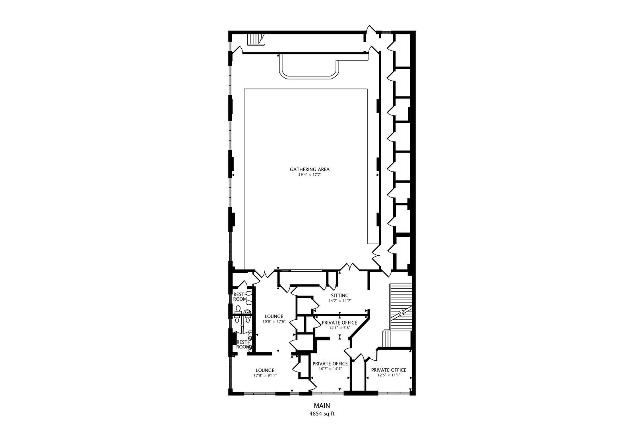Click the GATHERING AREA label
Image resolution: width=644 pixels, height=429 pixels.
coord(309,170)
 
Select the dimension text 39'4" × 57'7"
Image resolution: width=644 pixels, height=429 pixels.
coord(309,175)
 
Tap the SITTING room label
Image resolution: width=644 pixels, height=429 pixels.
coord(339,296)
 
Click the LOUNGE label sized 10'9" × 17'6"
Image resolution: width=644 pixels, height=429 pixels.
coord(274,317)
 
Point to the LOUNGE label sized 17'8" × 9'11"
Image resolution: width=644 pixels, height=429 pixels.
coord(265,370)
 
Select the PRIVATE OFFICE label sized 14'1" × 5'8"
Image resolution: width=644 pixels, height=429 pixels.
coord(339,323)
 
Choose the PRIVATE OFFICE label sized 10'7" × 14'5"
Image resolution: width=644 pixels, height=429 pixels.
coord(330,363)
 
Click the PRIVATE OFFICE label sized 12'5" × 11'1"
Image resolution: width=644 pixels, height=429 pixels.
coord(388,370)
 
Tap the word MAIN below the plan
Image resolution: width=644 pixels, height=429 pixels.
coord(322,406)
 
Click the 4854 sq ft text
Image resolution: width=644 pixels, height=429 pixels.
coord(322,414)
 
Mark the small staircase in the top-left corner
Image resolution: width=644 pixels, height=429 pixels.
coord(255,39)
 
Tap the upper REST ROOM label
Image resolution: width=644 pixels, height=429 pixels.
coord(240,297)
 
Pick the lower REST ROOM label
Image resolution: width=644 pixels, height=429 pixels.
coord(242,344)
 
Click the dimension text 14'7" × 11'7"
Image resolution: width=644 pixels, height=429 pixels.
coord(339,301)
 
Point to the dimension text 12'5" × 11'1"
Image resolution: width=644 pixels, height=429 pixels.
coord(388,375)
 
